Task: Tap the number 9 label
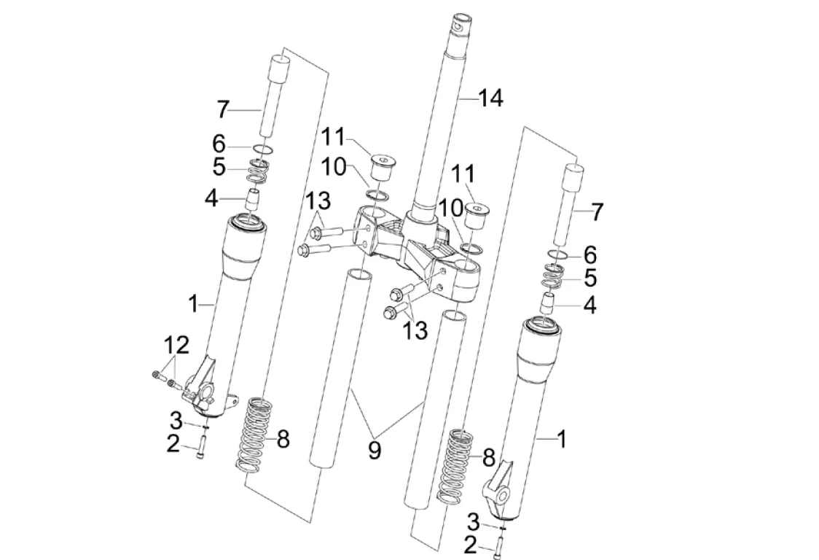click(375, 450)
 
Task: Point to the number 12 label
click(176, 346)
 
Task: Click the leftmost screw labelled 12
click(159, 374)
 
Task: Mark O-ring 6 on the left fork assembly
click(264, 150)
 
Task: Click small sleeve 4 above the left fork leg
click(254, 200)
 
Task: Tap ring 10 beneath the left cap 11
click(377, 195)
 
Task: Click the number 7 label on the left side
click(223, 110)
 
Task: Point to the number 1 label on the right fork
click(561, 440)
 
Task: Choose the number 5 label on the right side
click(590, 278)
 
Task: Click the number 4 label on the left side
click(211, 198)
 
